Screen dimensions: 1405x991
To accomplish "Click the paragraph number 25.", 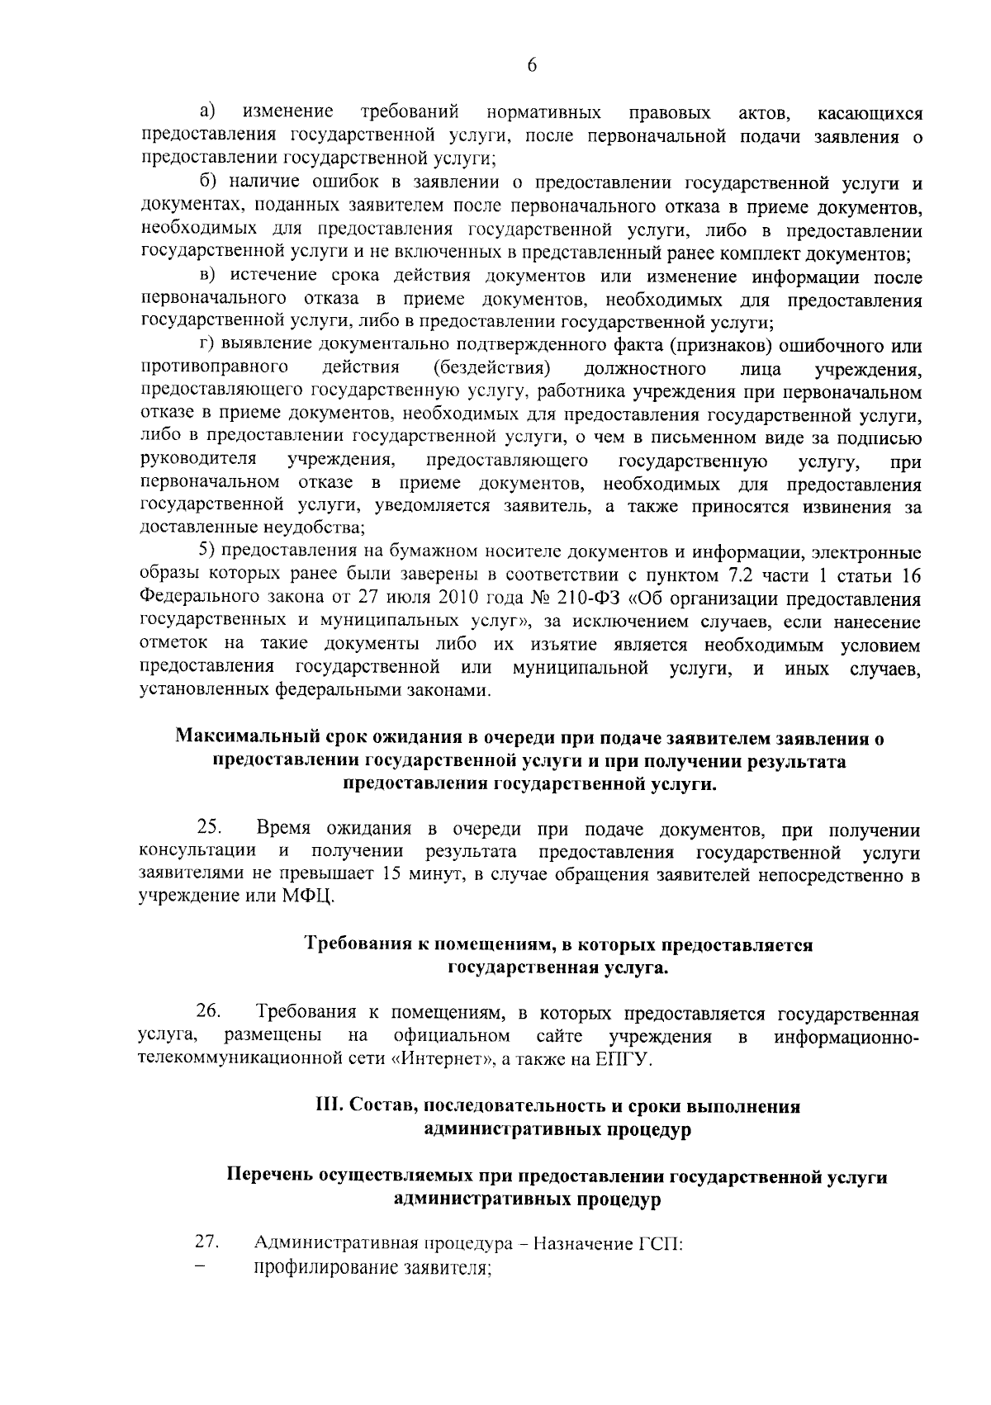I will pos(207,829).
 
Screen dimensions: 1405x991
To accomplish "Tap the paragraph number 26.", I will pos(207,1012).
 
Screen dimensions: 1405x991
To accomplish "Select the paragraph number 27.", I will pos(206,1242).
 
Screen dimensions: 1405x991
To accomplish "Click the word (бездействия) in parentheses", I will pos(492,367).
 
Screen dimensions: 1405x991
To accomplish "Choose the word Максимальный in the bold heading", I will pos(230,738).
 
